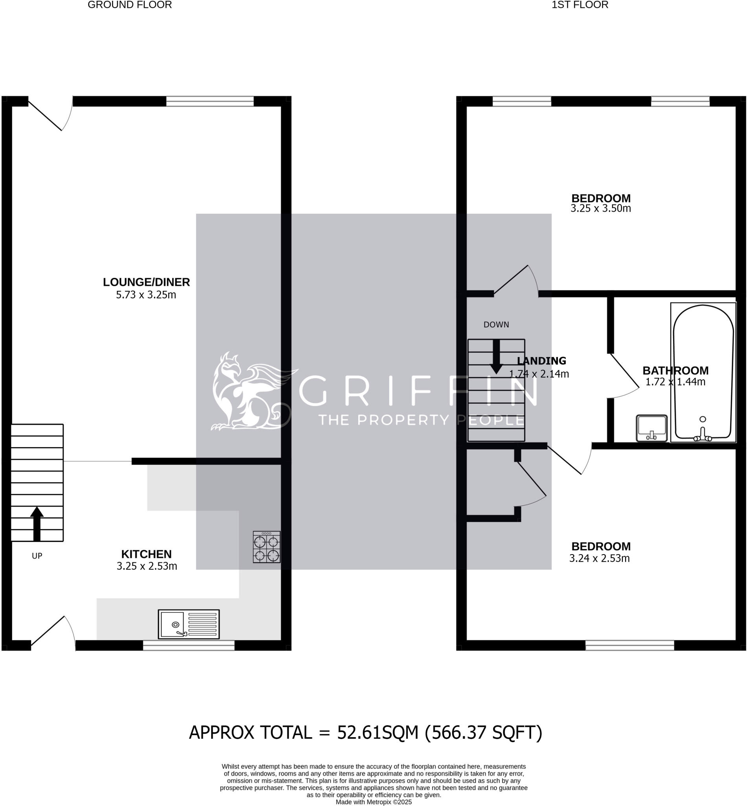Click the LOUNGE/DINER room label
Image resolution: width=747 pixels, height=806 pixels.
(x=146, y=282)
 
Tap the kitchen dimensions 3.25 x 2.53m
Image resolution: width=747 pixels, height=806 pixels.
(x=147, y=566)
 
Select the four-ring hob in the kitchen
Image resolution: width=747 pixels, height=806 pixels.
(x=267, y=547)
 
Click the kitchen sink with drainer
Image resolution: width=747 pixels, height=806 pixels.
(x=188, y=624)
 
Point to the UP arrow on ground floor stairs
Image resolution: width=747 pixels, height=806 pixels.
(x=37, y=523)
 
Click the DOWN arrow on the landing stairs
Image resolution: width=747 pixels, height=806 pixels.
(x=496, y=357)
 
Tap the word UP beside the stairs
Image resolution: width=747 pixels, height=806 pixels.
(x=37, y=556)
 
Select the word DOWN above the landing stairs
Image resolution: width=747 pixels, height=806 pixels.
(x=496, y=325)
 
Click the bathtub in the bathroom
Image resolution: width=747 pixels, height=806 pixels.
(x=703, y=372)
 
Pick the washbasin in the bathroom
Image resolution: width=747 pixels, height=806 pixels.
(x=651, y=428)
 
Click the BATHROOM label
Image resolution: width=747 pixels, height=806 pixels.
(x=675, y=370)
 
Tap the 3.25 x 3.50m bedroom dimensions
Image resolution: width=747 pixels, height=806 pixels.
(x=600, y=208)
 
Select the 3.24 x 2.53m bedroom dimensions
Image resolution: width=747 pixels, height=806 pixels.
(x=599, y=558)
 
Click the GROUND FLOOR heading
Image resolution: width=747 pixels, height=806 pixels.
(x=130, y=5)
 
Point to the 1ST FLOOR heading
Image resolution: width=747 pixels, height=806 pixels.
(x=580, y=5)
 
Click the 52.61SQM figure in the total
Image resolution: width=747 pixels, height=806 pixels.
(x=377, y=732)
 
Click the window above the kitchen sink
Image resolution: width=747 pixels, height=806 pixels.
(x=188, y=645)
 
